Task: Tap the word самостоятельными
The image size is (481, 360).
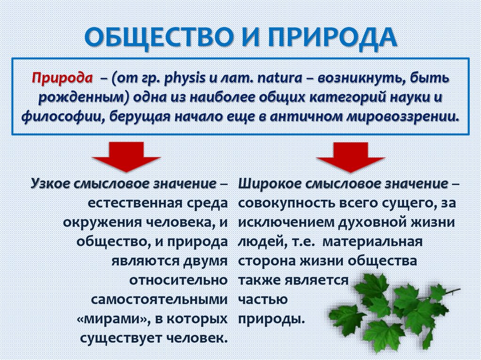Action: click(160, 299)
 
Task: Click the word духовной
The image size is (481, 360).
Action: click(362, 222)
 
